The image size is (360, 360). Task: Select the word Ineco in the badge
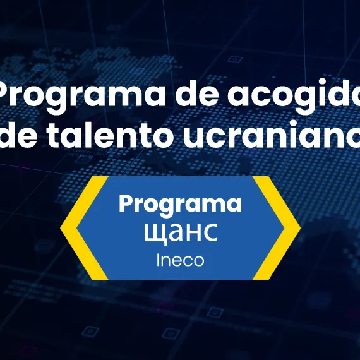[x=180, y=260]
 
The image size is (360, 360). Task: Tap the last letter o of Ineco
[x=198, y=260]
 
